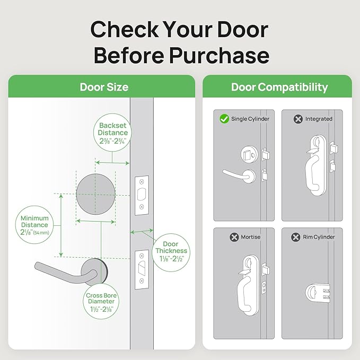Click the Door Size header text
pyautogui.click(x=104, y=87)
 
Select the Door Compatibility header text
pyautogui.click(x=279, y=87)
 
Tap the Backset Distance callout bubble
pyautogui.click(x=112, y=133)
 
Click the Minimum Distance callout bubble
pyautogui.click(x=35, y=225)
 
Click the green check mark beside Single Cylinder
pyautogui.click(x=224, y=119)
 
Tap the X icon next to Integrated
pyautogui.click(x=298, y=119)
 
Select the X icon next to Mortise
pyautogui.click(x=234, y=237)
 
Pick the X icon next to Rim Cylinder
pyautogui.click(x=295, y=237)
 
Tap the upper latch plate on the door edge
pyautogui.click(x=142, y=195)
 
